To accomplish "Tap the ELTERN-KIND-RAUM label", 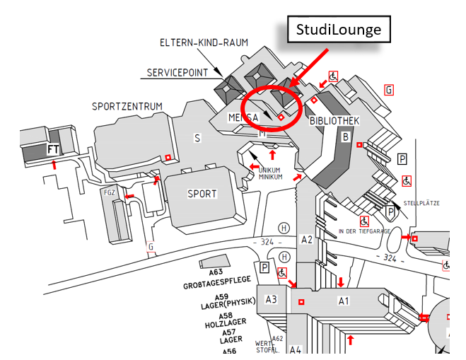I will (204, 43).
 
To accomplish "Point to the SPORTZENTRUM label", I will (127, 107).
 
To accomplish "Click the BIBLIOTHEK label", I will (334, 121).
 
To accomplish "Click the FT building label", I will (53, 149).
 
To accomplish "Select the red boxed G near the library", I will (388, 89).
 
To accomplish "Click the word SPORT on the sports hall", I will (202, 193).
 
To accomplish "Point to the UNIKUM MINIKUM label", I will (271, 173).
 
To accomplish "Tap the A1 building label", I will (344, 301).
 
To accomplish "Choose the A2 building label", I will (307, 239).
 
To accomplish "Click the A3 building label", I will (272, 299).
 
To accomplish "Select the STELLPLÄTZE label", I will (421, 203).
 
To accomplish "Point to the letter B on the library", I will (346, 137).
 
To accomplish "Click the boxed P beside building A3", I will (264, 267).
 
